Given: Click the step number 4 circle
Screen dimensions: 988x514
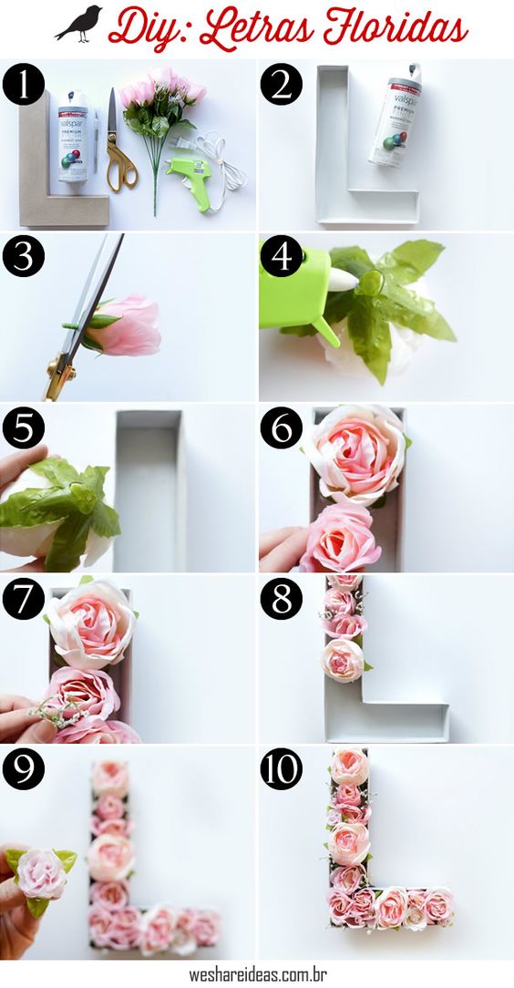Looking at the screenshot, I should [281, 257].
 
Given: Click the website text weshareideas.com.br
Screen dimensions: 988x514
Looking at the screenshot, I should [258, 974].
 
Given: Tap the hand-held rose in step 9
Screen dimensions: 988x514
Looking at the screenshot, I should [42, 875].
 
